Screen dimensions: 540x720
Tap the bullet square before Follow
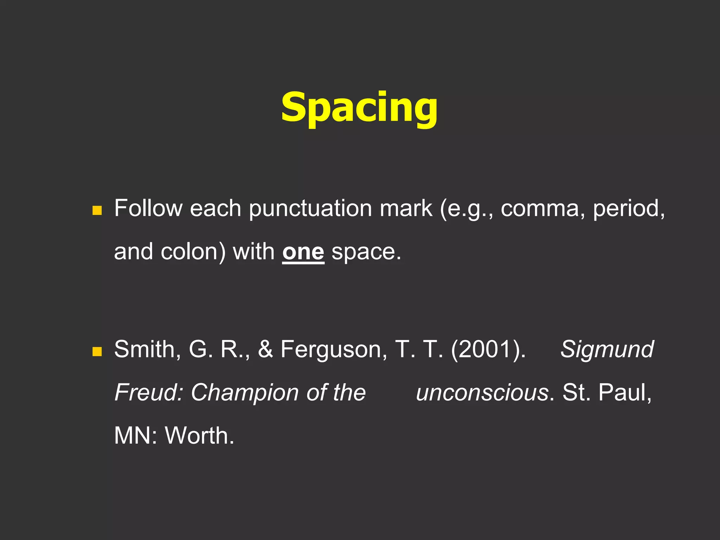click(97, 210)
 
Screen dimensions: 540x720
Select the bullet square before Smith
click(97, 351)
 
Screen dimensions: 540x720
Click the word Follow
click(148, 208)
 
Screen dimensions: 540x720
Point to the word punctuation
click(310, 209)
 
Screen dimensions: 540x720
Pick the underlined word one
click(303, 252)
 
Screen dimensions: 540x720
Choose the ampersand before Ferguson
click(265, 349)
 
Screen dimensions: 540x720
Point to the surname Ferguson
click(334, 350)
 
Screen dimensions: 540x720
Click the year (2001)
click(488, 349)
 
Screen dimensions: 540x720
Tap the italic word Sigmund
click(607, 349)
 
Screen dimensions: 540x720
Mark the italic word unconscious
click(482, 393)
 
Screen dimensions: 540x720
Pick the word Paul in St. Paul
click(624, 392)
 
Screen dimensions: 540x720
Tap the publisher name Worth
click(199, 436)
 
